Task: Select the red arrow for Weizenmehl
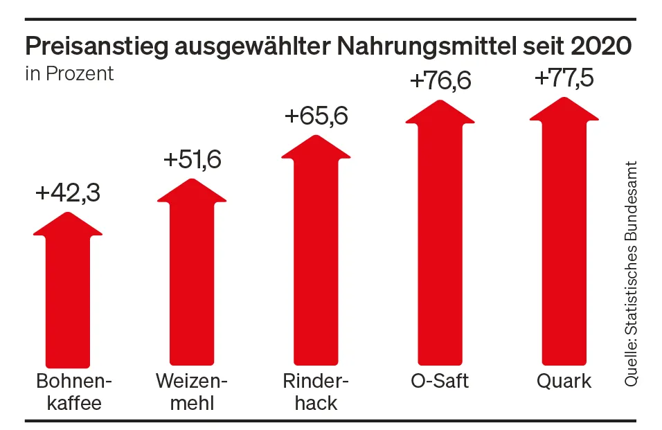(x=192, y=277)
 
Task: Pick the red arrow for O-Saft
(x=440, y=235)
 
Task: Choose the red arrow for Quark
(x=564, y=235)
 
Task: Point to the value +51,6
(x=192, y=160)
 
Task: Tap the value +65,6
(x=316, y=116)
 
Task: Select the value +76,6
(x=440, y=81)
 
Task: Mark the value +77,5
(x=564, y=78)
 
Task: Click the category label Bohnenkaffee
(x=69, y=392)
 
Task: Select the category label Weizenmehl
(x=192, y=392)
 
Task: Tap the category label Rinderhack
(x=316, y=392)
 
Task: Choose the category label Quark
(x=564, y=382)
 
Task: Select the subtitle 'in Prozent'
(x=69, y=73)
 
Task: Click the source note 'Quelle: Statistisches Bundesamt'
(x=631, y=274)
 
